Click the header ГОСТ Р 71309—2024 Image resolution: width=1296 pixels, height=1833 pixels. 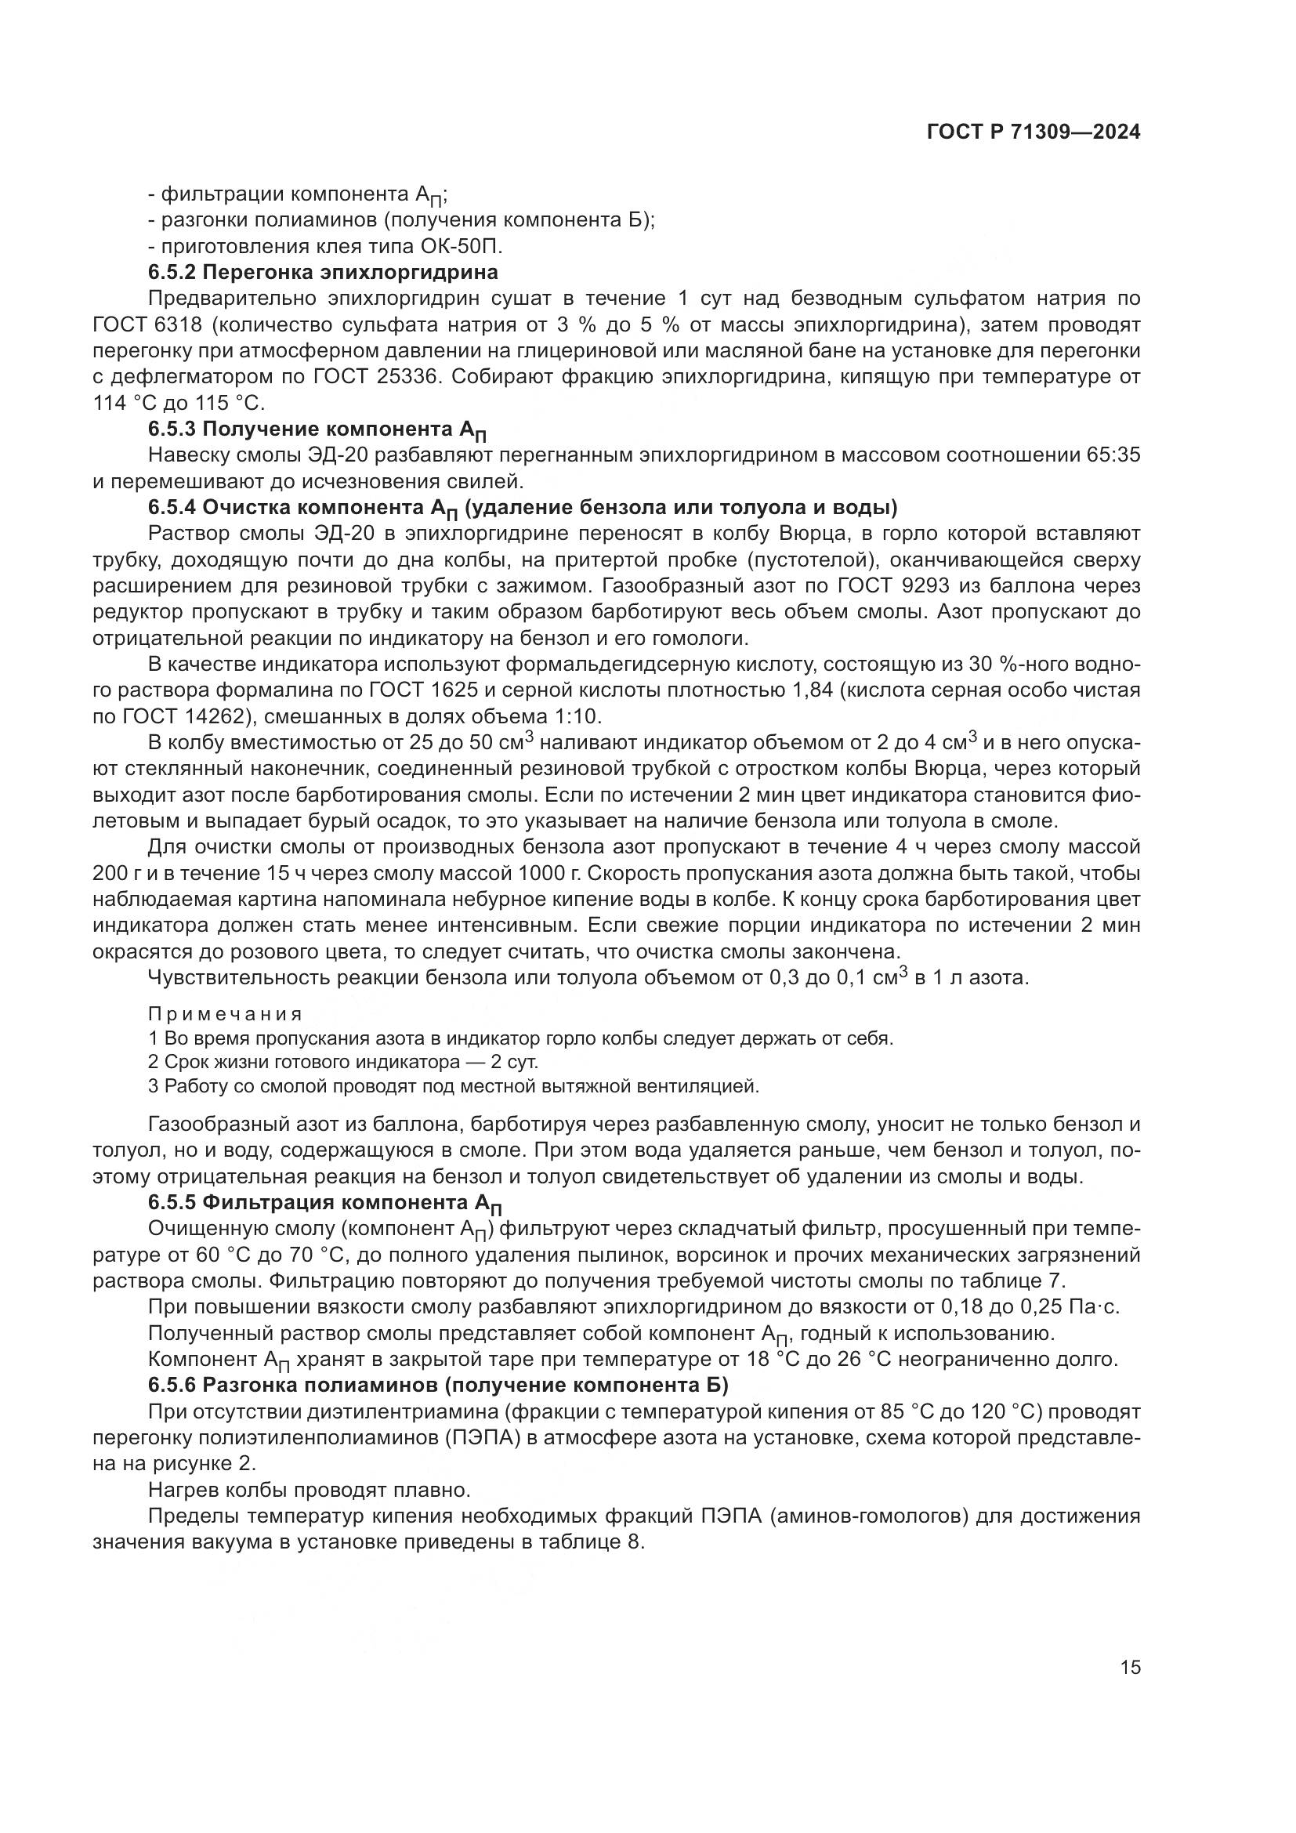(x=1033, y=132)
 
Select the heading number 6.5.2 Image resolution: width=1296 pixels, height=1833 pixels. (x=172, y=272)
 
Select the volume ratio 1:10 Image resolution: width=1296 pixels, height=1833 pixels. (x=577, y=716)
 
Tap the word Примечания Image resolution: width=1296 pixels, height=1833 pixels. (x=225, y=1015)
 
